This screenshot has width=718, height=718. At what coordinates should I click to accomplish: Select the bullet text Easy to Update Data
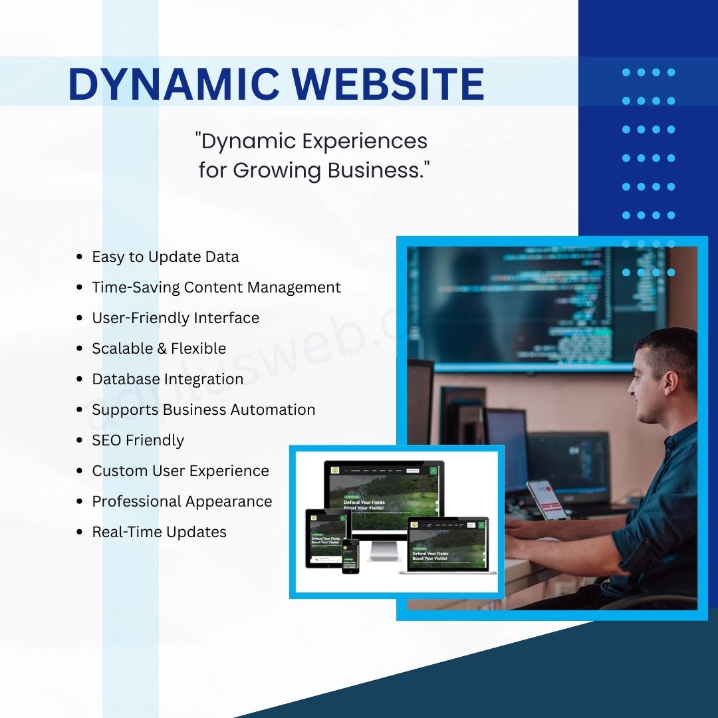click(x=165, y=257)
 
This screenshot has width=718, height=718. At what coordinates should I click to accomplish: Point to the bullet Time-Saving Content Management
click(x=216, y=287)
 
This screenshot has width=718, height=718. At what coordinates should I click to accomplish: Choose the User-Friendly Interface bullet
click(x=176, y=318)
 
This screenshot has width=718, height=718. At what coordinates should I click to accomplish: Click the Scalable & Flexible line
click(x=159, y=348)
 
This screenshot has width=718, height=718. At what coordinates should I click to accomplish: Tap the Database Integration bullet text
click(x=168, y=379)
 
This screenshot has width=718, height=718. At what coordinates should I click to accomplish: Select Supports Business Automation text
click(x=203, y=410)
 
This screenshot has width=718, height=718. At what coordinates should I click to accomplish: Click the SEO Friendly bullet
click(x=138, y=440)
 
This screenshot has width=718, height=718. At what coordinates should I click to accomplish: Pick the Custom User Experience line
click(x=180, y=471)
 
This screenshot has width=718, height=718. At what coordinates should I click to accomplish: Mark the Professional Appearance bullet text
click(x=181, y=501)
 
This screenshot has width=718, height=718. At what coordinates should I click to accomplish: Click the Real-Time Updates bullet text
click(x=159, y=532)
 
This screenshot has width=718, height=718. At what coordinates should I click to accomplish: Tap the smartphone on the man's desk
click(x=546, y=499)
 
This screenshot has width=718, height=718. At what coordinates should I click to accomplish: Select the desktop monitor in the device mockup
click(x=384, y=495)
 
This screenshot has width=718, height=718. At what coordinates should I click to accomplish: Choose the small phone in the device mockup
click(x=350, y=556)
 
